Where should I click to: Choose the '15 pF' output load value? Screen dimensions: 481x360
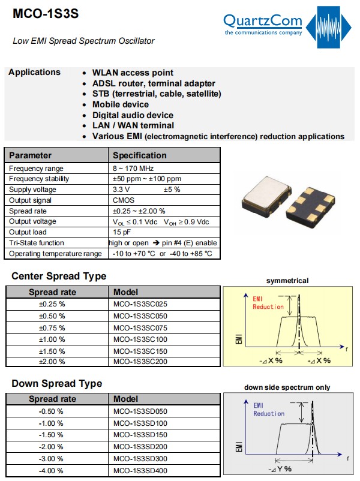click(x=122, y=233)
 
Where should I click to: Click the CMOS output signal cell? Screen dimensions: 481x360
click(x=124, y=200)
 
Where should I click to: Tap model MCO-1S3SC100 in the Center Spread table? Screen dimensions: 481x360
click(x=140, y=339)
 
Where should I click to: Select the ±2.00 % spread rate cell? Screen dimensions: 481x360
click(x=52, y=362)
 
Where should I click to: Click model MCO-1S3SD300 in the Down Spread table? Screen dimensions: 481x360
click(x=140, y=458)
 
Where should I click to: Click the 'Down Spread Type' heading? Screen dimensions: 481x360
click(x=57, y=383)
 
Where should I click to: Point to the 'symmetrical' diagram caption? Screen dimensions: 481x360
click(x=287, y=281)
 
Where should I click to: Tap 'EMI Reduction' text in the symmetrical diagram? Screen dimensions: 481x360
click(x=268, y=302)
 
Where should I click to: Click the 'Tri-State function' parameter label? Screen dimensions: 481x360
click(x=37, y=243)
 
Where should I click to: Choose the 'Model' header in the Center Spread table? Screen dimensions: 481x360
click(x=126, y=292)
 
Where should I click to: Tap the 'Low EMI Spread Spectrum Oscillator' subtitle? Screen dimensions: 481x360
click(x=83, y=41)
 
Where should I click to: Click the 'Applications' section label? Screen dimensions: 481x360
click(x=34, y=72)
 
